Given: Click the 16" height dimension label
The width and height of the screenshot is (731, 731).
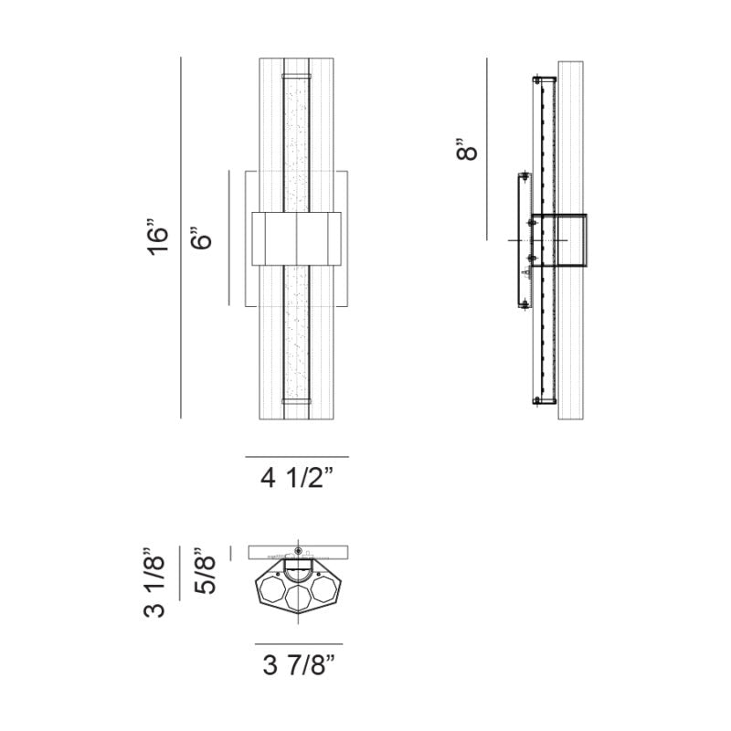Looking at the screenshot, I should tap(158, 236).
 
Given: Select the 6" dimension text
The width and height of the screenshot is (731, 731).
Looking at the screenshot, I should tap(203, 238).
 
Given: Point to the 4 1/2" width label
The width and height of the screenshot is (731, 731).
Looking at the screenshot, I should tap(297, 479).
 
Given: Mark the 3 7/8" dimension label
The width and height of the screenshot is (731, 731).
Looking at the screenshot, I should tap(298, 666).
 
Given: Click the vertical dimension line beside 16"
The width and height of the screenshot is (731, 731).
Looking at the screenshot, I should tap(182, 238).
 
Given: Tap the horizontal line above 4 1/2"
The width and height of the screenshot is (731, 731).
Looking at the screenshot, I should tap(297, 456).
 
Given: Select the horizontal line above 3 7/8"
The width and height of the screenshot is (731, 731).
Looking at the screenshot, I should tap(298, 643).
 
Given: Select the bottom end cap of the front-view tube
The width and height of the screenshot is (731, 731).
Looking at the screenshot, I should tap(298, 400).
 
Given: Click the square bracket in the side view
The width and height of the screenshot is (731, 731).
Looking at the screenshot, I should tap(559, 240).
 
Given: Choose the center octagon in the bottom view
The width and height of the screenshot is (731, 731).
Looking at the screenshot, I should tap(298, 599).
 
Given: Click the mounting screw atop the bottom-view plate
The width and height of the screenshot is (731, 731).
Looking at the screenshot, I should tap(298, 550).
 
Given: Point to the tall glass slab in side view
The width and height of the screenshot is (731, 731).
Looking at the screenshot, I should tap(570, 239).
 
